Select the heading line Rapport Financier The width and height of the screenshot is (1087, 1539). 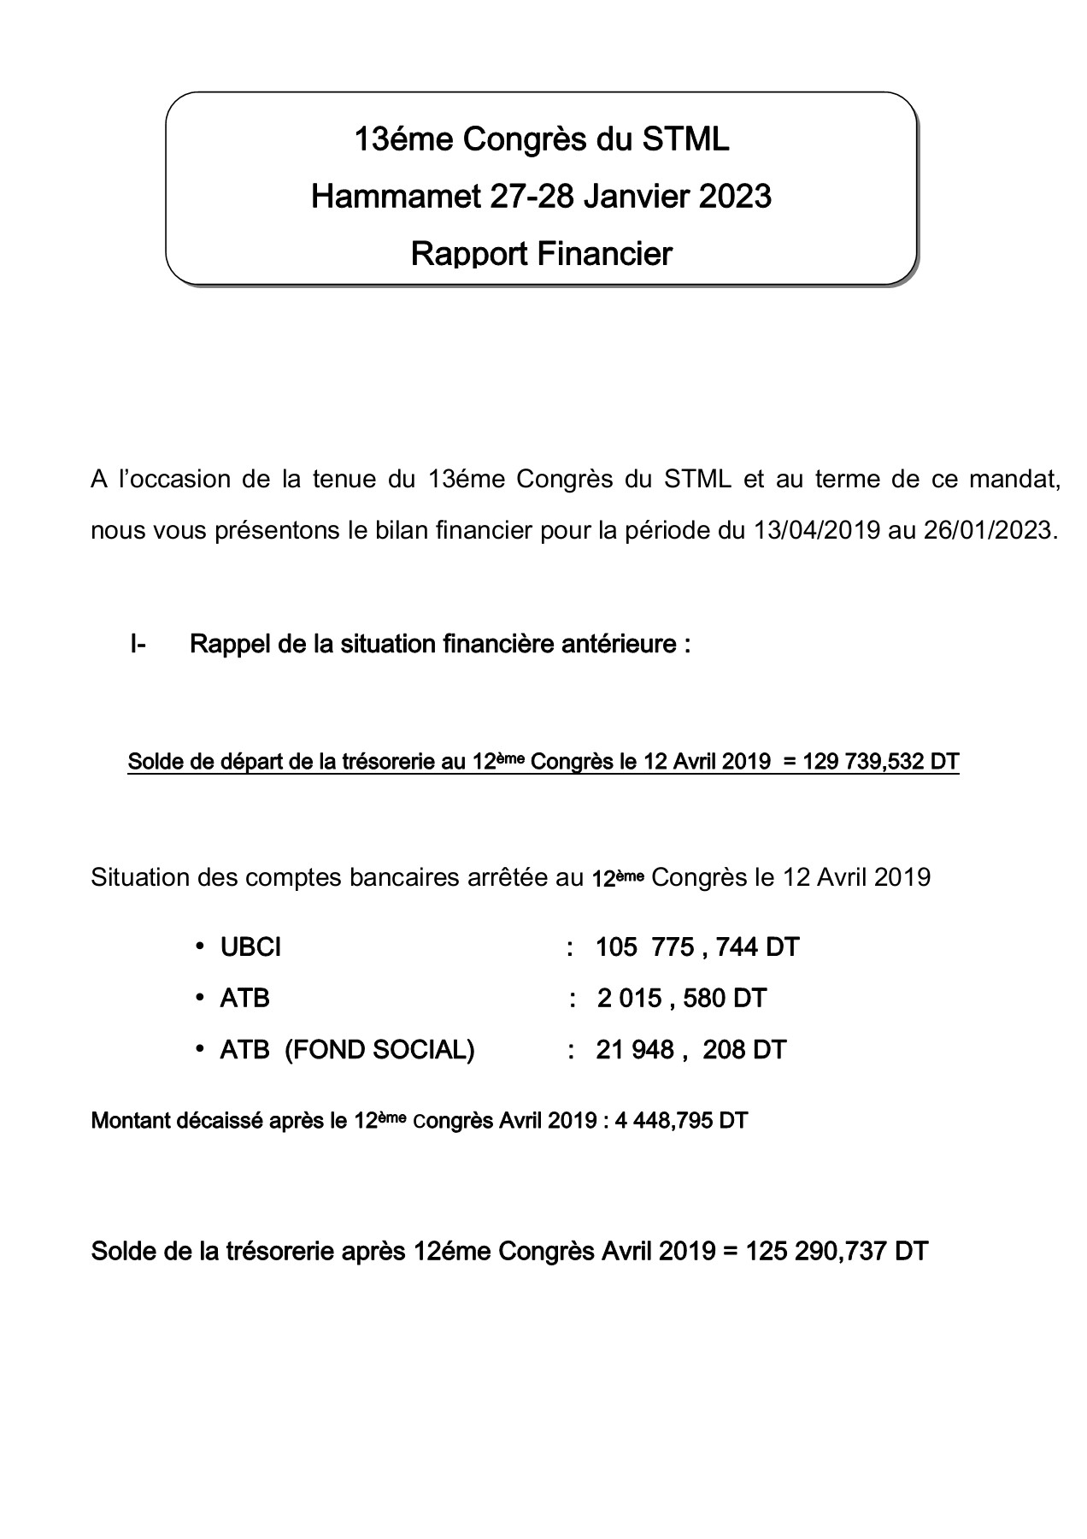point(541,253)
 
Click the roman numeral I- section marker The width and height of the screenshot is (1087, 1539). point(138,644)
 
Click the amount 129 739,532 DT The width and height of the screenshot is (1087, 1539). point(881,761)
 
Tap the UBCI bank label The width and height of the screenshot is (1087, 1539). point(250,947)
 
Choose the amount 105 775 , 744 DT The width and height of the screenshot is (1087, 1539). point(696,947)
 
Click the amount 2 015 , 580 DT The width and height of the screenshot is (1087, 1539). point(681,998)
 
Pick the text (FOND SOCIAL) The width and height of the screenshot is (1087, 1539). point(379,1049)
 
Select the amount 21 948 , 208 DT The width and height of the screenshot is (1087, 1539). point(690,1049)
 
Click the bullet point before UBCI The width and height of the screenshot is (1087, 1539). point(199,946)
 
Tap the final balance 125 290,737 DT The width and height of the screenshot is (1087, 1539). point(837,1252)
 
